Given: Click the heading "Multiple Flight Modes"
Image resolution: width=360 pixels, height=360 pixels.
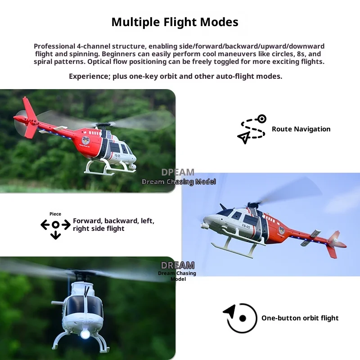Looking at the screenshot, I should point(175,22).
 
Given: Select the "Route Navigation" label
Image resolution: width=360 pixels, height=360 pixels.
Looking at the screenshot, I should point(301,129).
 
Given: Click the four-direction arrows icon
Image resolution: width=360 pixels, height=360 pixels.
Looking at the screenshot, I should point(55,226).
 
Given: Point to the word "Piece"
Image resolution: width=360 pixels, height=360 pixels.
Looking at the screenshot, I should point(55,214).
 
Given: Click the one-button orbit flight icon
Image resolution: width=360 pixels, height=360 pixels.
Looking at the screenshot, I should point(240,318).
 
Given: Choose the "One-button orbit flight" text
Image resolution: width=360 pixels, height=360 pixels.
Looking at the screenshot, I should point(300,318).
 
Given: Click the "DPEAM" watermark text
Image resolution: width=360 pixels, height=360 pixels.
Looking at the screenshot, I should point(178,172).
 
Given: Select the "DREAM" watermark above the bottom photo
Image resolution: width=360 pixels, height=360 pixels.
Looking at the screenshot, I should point(178,265).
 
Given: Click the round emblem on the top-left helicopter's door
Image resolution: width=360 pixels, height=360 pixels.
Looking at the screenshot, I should point(85,140).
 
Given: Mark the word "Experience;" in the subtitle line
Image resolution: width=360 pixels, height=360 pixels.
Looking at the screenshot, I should point(89,76).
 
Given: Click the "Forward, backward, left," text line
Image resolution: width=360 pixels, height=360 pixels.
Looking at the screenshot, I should point(113,221).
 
